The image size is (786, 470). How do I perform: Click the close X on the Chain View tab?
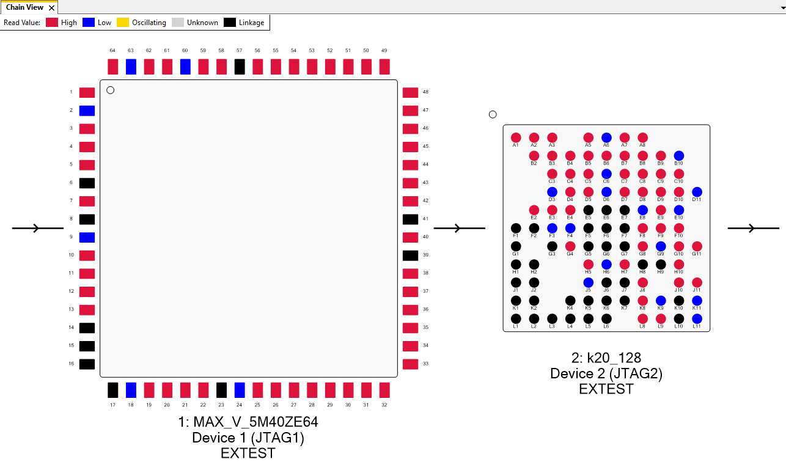pos(52,8)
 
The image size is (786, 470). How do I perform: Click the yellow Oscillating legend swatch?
pos(123,23)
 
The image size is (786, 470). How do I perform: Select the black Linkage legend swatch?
pos(229,23)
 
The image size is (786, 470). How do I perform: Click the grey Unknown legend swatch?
pos(178,23)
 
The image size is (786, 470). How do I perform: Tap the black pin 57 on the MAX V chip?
pos(240,67)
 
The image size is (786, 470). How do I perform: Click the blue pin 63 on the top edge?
pos(131,67)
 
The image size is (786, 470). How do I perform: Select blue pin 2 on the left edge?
pos(87,111)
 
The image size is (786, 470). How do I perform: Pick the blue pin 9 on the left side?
pos(87,237)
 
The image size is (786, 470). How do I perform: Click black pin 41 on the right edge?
pos(411,219)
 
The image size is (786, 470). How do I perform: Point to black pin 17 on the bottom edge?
pos(112,390)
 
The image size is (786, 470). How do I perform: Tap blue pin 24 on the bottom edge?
pos(240,390)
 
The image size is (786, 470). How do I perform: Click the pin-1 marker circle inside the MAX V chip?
pos(110,90)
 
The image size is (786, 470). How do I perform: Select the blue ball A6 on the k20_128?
pos(606,138)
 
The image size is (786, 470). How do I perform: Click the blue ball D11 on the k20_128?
pos(697,192)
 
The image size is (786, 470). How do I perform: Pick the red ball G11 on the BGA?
pos(697,246)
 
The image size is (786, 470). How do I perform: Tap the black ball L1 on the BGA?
pos(516,318)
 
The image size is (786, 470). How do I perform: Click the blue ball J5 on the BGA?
pos(588,282)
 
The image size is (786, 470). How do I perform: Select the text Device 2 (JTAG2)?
pos(606,373)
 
